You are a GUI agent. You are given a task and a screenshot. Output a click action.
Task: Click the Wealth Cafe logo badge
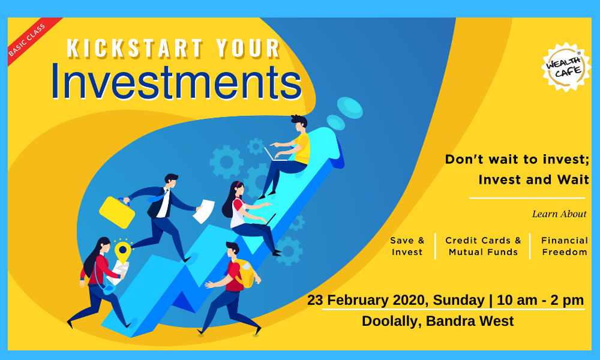566,67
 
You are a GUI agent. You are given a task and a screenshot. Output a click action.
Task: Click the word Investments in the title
176,82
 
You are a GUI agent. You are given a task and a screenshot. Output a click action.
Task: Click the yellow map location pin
122,251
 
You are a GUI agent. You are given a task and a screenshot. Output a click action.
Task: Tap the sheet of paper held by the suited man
203,211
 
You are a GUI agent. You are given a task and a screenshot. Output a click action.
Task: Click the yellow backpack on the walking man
244,273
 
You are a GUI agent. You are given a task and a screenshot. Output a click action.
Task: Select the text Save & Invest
407,246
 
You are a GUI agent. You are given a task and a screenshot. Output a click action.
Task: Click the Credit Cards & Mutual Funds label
483,246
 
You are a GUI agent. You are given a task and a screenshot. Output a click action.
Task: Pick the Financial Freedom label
565,246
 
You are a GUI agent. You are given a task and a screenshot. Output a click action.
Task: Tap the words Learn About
559,214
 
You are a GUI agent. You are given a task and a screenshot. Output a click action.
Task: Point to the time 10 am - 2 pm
540,301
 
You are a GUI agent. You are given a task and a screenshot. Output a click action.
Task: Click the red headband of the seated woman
239,185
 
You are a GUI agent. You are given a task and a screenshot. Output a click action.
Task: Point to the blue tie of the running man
160,197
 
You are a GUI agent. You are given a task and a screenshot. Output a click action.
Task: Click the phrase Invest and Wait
533,180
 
